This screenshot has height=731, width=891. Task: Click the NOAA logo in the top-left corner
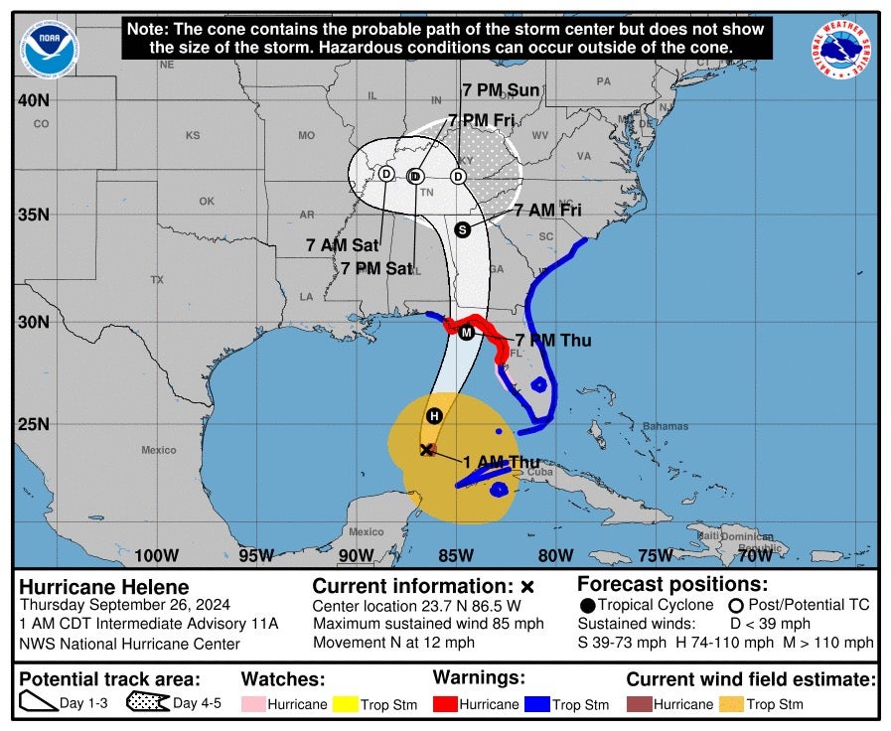click(x=50, y=48)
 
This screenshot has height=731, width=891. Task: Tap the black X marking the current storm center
click(x=426, y=450)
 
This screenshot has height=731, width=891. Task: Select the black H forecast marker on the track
click(x=434, y=415)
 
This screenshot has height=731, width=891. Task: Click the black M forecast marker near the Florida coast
click(x=466, y=332)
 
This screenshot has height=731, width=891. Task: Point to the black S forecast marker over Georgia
click(x=462, y=229)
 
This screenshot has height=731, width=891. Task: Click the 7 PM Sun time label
click(x=501, y=90)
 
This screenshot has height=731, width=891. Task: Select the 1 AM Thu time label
click(x=501, y=462)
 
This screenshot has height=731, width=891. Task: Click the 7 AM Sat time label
click(x=340, y=244)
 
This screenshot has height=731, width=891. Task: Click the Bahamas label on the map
click(x=665, y=426)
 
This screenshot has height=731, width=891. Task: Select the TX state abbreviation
click(x=157, y=280)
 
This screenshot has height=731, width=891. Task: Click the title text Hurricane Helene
click(x=104, y=587)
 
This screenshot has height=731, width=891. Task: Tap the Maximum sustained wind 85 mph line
click(x=428, y=624)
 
